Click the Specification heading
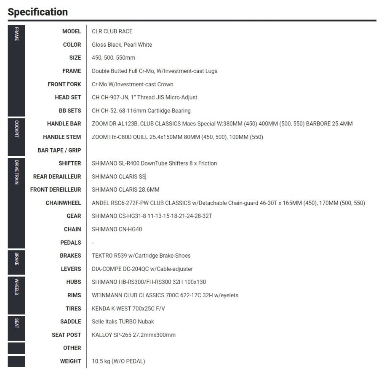(x=37, y=12)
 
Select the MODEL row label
(x=71, y=31)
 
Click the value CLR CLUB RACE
(x=112, y=31)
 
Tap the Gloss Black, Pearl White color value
(x=122, y=45)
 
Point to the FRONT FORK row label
(x=64, y=84)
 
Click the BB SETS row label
(x=69, y=111)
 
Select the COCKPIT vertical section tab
(x=16, y=129)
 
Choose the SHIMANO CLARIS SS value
(x=118, y=176)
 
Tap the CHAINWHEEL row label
(x=63, y=203)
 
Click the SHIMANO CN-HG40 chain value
(x=117, y=229)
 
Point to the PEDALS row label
(x=70, y=243)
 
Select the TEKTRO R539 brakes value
(x=141, y=256)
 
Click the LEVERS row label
(x=71, y=269)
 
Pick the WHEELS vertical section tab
(x=16, y=286)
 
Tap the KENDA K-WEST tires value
(x=128, y=308)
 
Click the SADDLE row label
(x=70, y=321)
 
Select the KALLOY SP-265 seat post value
(x=133, y=335)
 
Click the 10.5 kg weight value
(x=118, y=361)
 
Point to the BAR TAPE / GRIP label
(x=59, y=150)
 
